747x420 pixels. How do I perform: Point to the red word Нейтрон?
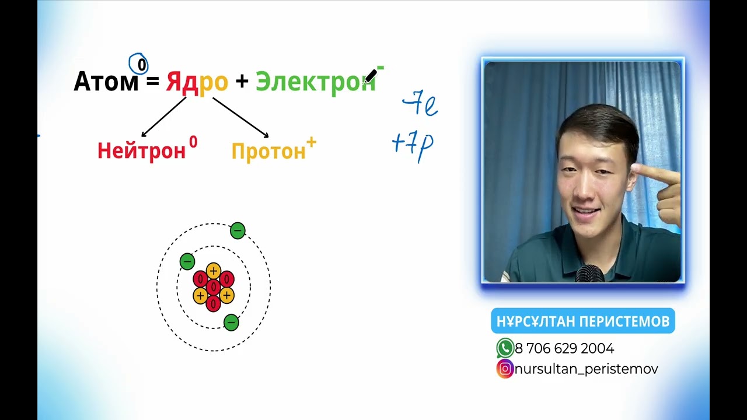pos(141,151)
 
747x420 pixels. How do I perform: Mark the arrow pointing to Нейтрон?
pos(163,117)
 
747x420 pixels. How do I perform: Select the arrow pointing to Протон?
pos(240,117)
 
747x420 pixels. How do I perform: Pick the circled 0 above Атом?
pos(139,64)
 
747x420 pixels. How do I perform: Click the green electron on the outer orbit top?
pos(237,231)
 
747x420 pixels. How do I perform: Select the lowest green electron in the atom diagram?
pos(231,323)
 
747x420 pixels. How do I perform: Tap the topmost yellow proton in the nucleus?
pos(214,271)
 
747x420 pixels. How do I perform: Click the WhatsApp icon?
pos(505,348)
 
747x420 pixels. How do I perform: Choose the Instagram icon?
pos(505,369)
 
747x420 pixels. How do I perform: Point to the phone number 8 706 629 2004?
pos(564,349)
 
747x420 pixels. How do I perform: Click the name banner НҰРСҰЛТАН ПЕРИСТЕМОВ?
pos(583,321)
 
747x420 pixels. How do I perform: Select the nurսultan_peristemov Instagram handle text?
pos(586,369)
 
